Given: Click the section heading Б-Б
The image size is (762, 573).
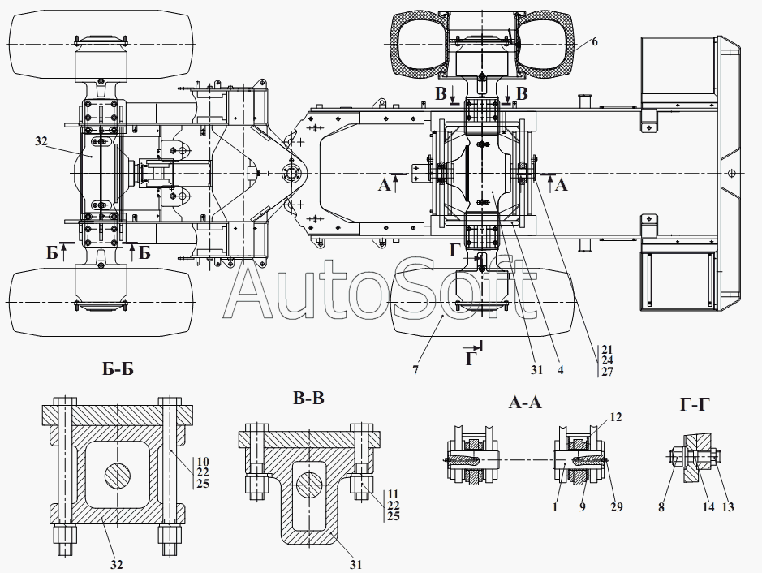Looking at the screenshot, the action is (x=118, y=369).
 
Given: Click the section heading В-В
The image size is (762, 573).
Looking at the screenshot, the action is (x=308, y=399).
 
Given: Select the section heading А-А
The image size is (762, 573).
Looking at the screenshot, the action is (x=525, y=402).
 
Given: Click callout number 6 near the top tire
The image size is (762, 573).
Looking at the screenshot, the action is (x=594, y=41).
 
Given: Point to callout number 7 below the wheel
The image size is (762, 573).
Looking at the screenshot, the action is (x=415, y=370).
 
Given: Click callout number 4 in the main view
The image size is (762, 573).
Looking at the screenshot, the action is (x=560, y=370).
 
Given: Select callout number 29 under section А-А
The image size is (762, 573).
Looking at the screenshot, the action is (x=617, y=507).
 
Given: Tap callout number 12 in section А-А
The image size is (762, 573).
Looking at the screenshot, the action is (x=616, y=417).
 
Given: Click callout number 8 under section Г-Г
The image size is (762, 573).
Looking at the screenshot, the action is (x=661, y=507).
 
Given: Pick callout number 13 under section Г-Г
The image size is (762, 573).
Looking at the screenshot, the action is (x=727, y=507).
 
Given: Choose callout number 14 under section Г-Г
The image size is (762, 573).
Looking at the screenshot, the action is (x=708, y=507).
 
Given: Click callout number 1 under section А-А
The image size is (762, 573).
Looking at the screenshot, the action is (x=555, y=507).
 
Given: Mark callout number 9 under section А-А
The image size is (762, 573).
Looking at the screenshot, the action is (x=582, y=507).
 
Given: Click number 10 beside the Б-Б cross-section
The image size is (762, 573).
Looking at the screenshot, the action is (x=203, y=461).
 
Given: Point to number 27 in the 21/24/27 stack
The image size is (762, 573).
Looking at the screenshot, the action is (x=607, y=372).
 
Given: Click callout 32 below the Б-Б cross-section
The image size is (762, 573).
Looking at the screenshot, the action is (x=116, y=564).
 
